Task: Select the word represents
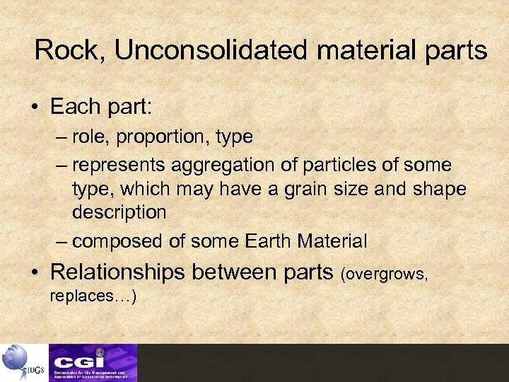(117, 165)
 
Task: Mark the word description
(119, 212)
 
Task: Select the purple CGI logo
(93, 362)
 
